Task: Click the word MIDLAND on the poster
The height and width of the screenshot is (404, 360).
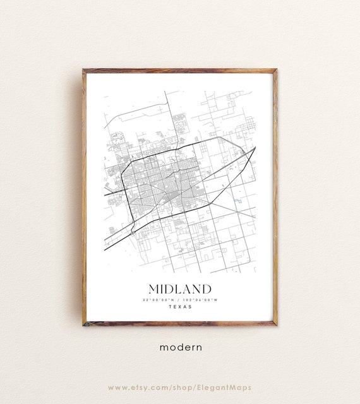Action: [180, 289]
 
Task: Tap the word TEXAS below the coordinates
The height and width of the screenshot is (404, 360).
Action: [180, 307]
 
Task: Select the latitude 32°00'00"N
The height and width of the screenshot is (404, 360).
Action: [162, 299]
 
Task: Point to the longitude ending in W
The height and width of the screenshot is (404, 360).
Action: [199, 299]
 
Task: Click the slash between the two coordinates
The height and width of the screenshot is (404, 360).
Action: [180, 299]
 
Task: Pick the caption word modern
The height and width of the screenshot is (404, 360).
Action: [180, 347]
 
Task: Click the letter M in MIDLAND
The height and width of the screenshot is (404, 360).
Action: [153, 289]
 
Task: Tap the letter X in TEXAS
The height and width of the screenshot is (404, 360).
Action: [180, 307]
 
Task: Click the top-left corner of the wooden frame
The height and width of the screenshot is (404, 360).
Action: [83, 70]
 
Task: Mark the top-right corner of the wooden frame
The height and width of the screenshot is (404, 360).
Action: [276, 70]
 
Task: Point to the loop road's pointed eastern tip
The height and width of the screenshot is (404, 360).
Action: [255, 148]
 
